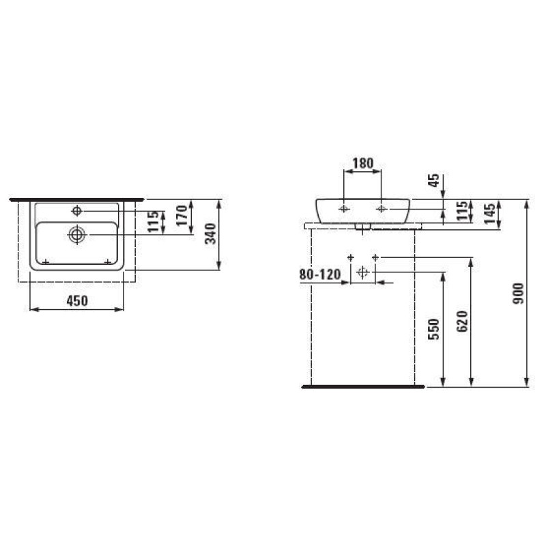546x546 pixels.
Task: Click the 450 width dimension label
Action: [76, 301]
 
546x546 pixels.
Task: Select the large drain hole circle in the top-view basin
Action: [76, 235]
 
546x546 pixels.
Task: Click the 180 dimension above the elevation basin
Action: [362, 163]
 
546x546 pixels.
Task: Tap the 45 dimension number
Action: [432, 181]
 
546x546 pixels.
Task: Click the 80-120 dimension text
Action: [319, 274]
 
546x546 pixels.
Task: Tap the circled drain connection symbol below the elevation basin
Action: [362, 273]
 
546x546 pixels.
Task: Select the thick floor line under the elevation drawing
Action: [362, 387]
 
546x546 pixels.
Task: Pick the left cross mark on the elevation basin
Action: [344, 207]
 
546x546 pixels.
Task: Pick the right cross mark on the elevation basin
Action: [381, 207]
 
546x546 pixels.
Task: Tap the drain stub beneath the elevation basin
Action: [362, 226]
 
